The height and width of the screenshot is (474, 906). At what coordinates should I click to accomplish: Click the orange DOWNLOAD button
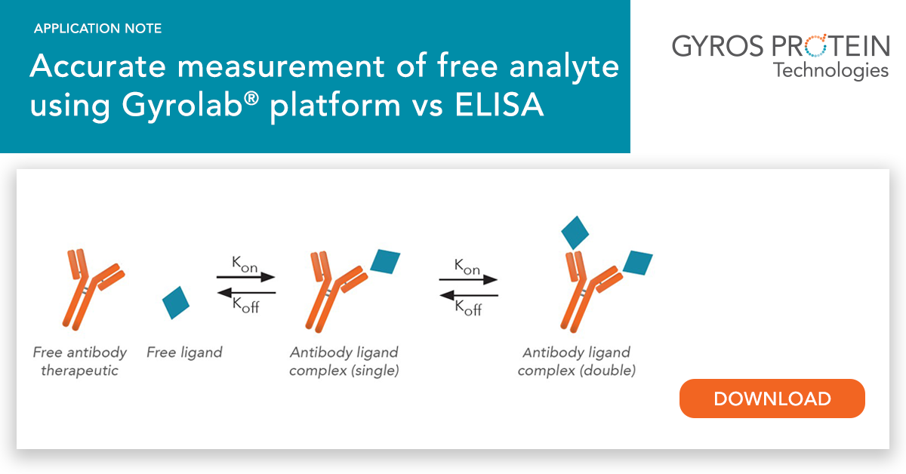[x=772, y=399]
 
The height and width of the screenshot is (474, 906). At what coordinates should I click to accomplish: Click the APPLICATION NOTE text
[x=97, y=29]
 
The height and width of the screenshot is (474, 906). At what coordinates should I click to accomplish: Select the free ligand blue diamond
[x=176, y=302]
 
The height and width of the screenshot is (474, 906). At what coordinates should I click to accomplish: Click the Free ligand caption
[x=184, y=352]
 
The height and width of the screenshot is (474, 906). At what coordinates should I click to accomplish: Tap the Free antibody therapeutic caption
[x=79, y=362]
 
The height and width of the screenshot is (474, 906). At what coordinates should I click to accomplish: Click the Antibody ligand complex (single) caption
[x=344, y=362]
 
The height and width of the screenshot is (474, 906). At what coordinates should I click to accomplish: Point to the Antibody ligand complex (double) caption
[x=576, y=362]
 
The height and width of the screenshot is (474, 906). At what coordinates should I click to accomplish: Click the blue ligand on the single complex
[x=385, y=261]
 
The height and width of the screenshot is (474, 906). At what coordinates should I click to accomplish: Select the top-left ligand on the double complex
[x=575, y=232]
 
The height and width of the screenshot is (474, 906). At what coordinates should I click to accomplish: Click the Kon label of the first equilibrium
[x=245, y=263]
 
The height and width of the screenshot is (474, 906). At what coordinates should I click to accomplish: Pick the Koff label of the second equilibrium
[x=468, y=308]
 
